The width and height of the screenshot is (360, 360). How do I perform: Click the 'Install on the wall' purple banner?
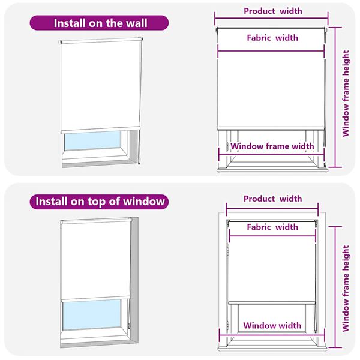click(100, 23)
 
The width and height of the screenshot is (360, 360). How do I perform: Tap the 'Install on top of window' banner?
click(100, 201)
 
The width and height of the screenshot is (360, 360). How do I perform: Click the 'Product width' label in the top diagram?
click(272, 11)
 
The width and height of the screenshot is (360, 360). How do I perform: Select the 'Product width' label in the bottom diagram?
click(272, 199)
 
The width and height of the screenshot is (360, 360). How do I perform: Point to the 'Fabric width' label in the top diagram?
click(272, 38)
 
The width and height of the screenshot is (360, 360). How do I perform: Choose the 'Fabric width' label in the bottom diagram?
click(272, 227)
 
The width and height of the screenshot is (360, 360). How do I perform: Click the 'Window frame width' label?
click(272, 146)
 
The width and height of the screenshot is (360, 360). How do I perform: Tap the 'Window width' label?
click(272, 326)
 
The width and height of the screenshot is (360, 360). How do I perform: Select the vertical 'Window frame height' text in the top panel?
click(346, 93)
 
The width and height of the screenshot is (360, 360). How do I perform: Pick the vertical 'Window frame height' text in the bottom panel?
click(346, 288)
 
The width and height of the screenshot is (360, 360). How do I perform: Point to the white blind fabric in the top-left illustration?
click(100, 84)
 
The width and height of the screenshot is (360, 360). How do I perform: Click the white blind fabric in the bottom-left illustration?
click(96, 258)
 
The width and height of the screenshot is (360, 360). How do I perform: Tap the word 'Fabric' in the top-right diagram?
click(259, 38)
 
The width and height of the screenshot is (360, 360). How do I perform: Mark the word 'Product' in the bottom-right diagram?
click(260, 199)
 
